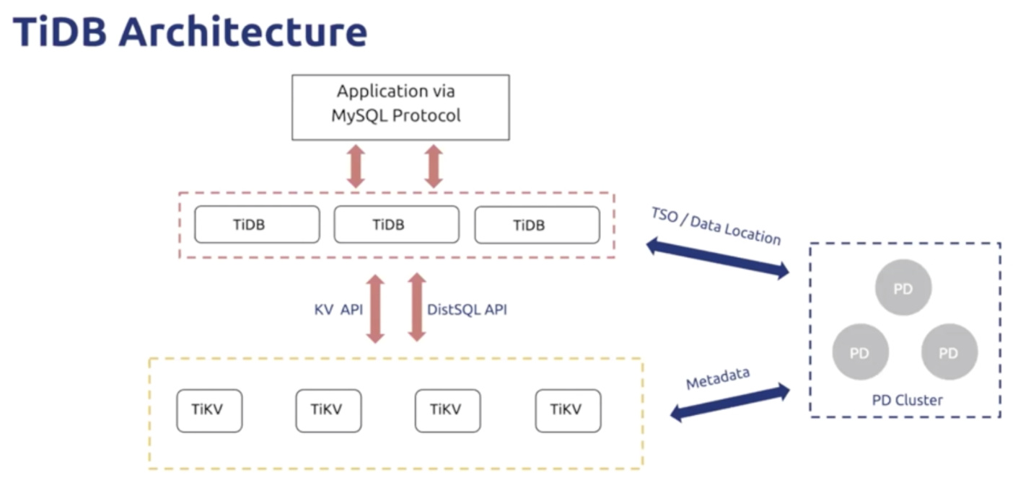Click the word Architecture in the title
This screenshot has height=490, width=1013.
tap(243, 32)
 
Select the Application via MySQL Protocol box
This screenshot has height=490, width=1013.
tap(400, 107)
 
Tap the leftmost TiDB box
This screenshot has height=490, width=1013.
tap(258, 224)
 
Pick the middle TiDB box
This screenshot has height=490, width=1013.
tap(397, 224)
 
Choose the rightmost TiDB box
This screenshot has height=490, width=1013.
tap(538, 225)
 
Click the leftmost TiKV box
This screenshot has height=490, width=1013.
tap(209, 411)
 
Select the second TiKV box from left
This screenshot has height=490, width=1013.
tap(329, 411)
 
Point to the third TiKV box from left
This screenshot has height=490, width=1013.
tap(448, 411)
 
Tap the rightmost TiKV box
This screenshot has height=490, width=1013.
tap(568, 411)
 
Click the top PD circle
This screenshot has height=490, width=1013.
tap(903, 288)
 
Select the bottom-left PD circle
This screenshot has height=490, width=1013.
tap(860, 352)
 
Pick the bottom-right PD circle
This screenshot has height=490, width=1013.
tap(950, 352)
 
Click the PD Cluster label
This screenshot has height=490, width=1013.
tap(907, 400)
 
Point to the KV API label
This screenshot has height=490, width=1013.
tap(338, 310)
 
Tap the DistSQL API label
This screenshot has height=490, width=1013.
tap(467, 310)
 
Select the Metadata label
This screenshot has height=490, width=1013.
tap(718, 378)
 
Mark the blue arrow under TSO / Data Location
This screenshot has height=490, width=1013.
tap(718, 258)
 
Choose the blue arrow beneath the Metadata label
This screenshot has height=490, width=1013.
tap(730, 402)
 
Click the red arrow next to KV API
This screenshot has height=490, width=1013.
tap(375, 309)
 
